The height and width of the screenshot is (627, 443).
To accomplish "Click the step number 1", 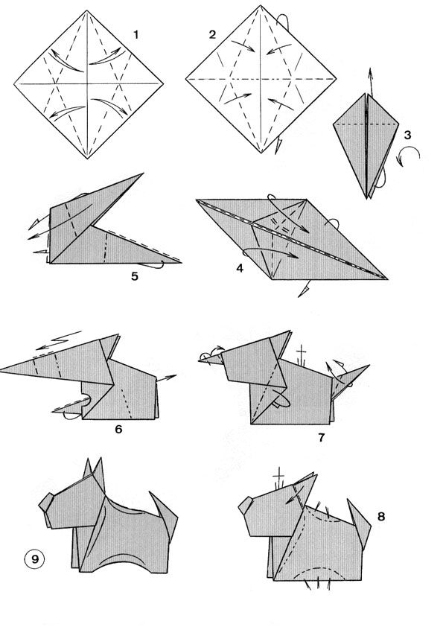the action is click(136, 35).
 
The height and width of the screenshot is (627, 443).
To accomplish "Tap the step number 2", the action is click(212, 34).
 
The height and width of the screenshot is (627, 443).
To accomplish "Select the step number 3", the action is click(407, 136).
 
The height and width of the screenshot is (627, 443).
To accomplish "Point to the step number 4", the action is click(240, 268).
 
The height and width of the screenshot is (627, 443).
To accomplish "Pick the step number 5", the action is click(135, 276).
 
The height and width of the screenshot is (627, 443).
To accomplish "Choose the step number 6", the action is click(118, 429).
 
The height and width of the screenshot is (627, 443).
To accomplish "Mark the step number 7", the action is click(322, 437).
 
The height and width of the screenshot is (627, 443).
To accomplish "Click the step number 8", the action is click(381, 516).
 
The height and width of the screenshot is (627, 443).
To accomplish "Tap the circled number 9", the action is click(35, 558).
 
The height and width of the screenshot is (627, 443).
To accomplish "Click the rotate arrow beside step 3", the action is click(409, 156).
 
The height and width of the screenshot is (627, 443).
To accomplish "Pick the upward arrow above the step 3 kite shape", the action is click(371, 82).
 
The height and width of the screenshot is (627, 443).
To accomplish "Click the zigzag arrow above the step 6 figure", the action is click(59, 340).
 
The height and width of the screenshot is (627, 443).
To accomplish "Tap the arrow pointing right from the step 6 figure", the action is click(166, 378).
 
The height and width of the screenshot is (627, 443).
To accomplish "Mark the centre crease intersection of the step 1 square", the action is click(87, 84).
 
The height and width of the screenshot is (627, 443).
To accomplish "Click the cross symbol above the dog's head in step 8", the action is click(278, 477).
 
